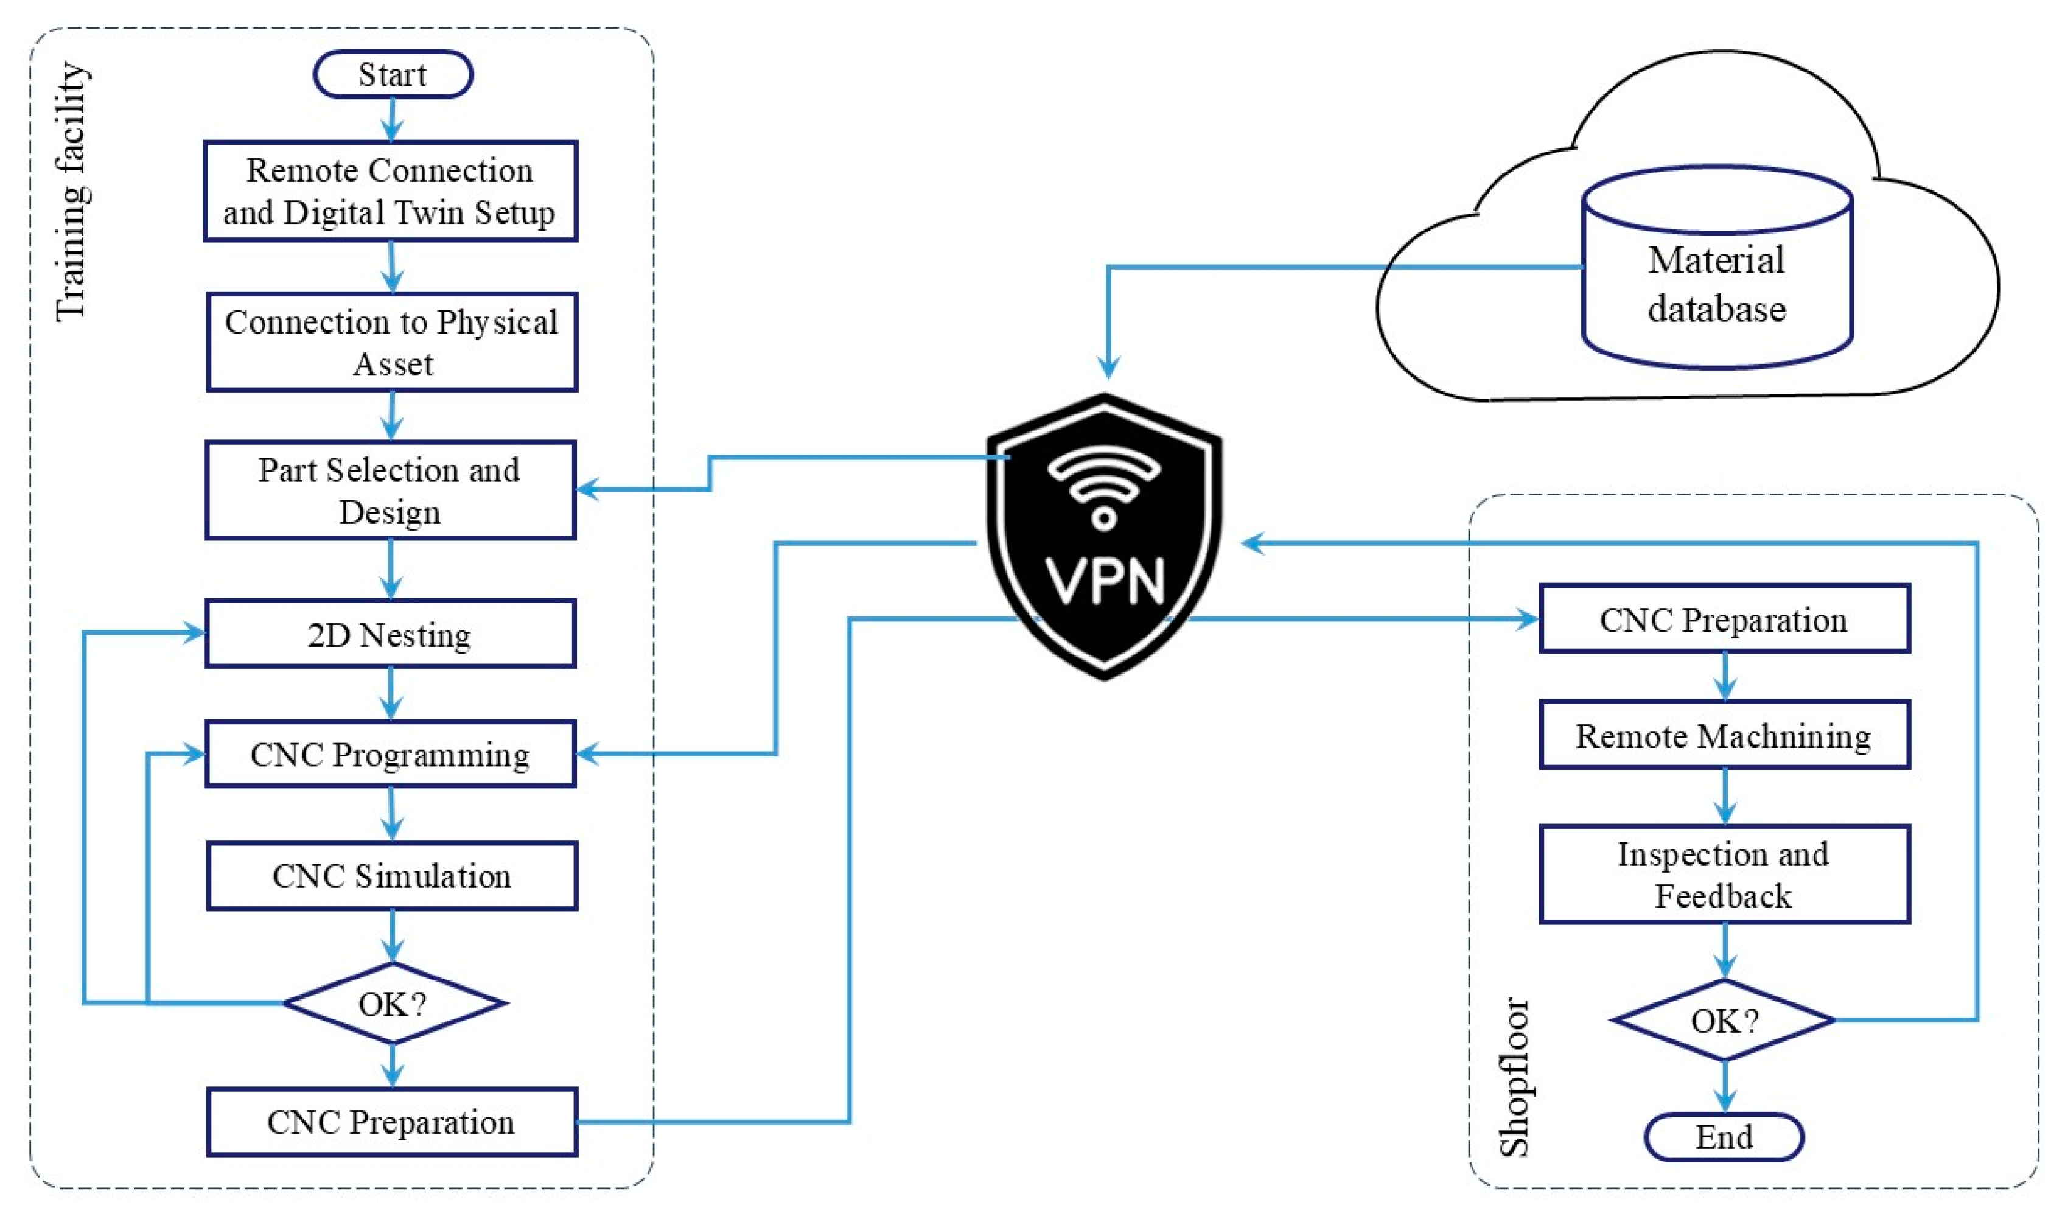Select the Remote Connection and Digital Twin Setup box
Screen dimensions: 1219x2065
(390, 191)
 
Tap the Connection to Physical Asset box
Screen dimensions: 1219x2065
(392, 341)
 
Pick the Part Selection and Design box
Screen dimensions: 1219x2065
(390, 491)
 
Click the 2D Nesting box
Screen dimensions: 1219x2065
(390, 634)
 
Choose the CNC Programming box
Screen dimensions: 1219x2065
(390, 754)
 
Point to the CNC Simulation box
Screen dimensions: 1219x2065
(392, 876)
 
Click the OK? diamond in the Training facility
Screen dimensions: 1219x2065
(393, 1003)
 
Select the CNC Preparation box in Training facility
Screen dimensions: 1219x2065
(392, 1122)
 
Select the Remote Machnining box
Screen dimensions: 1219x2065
(1724, 735)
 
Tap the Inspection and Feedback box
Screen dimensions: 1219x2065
(1724, 875)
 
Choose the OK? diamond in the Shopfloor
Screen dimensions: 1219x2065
(1724, 1020)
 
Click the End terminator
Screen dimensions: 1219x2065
(1724, 1137)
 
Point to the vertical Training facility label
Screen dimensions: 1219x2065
(72, 191)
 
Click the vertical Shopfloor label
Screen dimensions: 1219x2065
(1514, 1077)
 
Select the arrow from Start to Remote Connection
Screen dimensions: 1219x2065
(392, 120)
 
